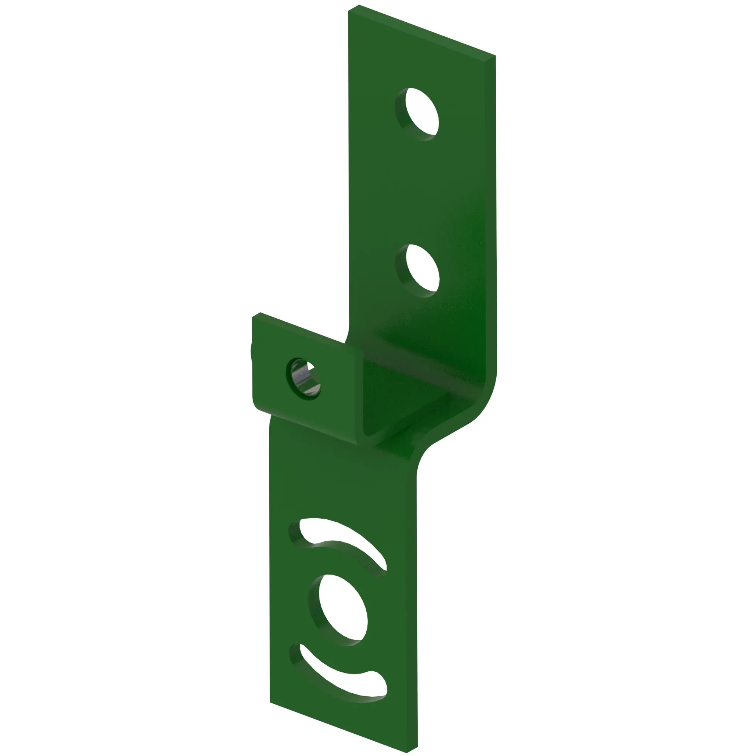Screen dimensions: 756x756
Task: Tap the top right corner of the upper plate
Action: (494, 57)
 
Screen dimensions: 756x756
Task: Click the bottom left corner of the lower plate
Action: (271, 702)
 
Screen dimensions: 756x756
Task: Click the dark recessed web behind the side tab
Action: (391, 395)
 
